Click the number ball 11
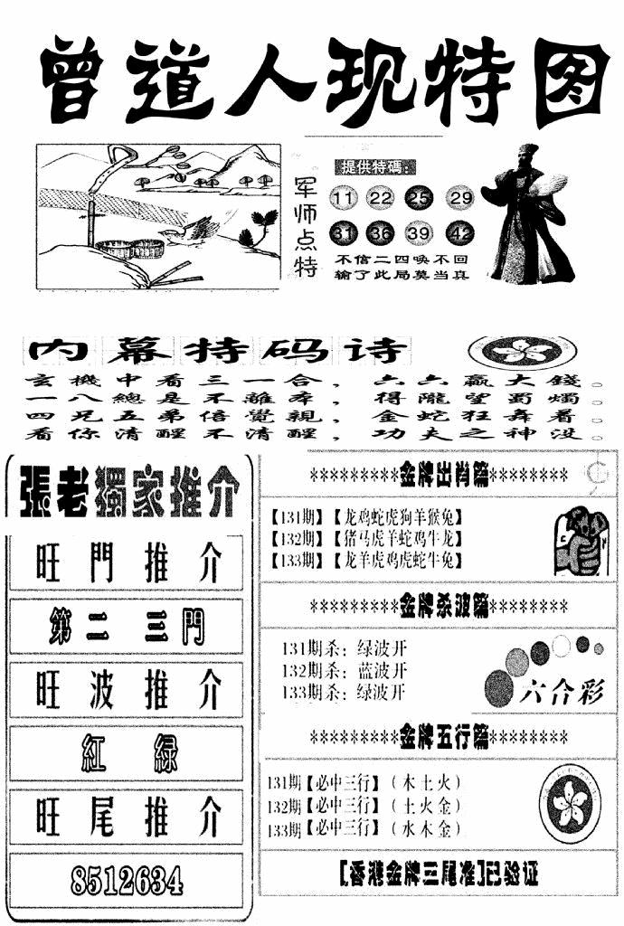[x=345, y=199]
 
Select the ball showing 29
[x=461, y=199]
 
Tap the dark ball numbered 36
[x=382, y=234]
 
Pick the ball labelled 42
[x=460, y=234]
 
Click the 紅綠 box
[x=127, y=752]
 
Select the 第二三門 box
[x=127, y=626]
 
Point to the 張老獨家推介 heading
[x=127, y=496]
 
